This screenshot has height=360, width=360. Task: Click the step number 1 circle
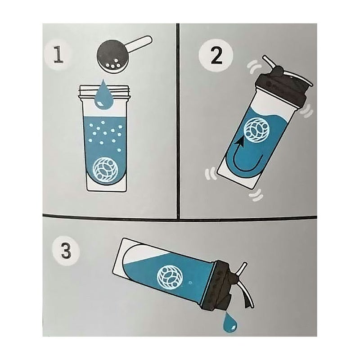(58, 55)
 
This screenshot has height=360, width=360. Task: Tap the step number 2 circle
(216, 55)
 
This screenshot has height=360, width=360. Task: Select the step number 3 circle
(66, 251)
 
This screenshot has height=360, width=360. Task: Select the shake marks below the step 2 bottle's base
(256, 195)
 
